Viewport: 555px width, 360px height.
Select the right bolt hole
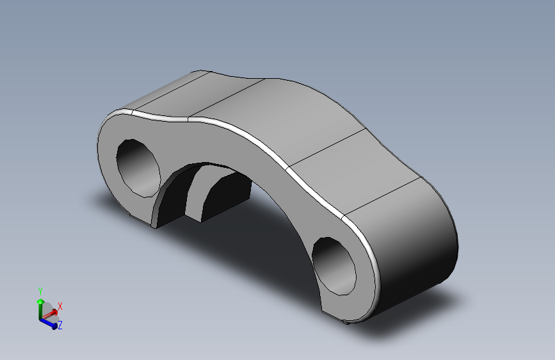coord(336,264)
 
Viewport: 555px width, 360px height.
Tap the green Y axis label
coord(40,291)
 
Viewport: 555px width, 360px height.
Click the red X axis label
coord(60,306)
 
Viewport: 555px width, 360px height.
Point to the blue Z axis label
coord(60,325)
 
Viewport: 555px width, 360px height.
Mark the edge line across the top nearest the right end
coord(381,195)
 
